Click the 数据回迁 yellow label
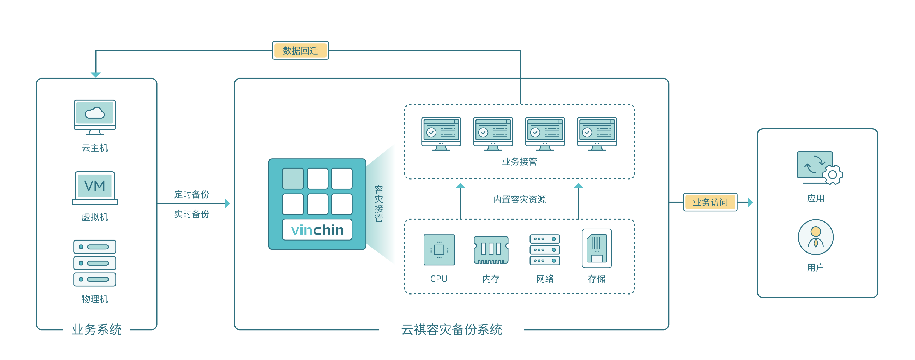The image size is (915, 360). (x=300, y=50)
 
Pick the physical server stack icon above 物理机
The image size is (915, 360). (x=95, y=263)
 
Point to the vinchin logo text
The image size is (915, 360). (x=317, y=230)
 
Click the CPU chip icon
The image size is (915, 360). (x=439, y=249)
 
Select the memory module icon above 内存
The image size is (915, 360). (x=491, y=250)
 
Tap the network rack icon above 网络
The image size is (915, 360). (x=545, y=249)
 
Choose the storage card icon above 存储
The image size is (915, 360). (x=597, y=248)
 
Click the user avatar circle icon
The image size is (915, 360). (x=816, y=237)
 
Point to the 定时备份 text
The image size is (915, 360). (x=192, y=194)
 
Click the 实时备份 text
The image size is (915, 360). (x=192, y=214)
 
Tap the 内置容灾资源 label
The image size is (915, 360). (x=519, y=199)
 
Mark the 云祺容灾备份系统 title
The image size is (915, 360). (x=452, y=329)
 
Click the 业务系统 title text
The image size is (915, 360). (x=97, y=329)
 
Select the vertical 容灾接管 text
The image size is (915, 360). (x=379, y=204)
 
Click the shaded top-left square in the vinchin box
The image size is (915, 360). (x=293, y=178)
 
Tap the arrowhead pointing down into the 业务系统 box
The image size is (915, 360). (x=95, y=75)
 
